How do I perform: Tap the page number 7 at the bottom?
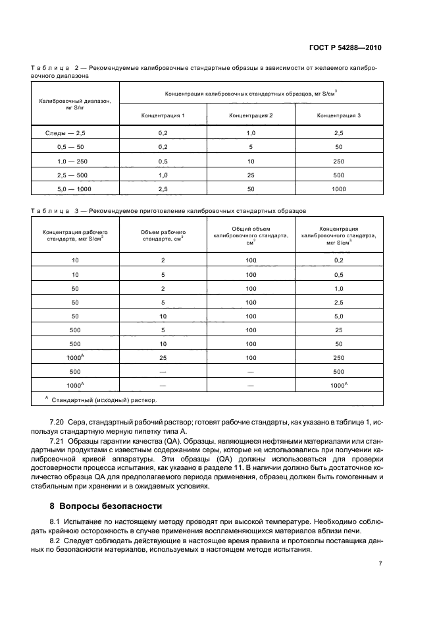pyautogui.click(x=380, y=564)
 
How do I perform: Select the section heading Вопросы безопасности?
pyautogui.click(x=107, y=506)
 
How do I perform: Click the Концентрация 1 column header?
pyautogui.click(x=163, y=115)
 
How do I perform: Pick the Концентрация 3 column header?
pyautogui.click(x=339, y=115)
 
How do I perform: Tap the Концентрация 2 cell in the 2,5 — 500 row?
pyautogui.click(x=251, y=175)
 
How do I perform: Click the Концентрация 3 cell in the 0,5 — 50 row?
pyautogui.click(x=339, y=146)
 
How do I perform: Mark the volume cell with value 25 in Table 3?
pyautogui.click(x=163, y=357)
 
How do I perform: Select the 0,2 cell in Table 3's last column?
pyautogui.click(x=339, y=260)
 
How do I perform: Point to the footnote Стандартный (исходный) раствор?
pyautogui.click(x=105, y=399)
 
